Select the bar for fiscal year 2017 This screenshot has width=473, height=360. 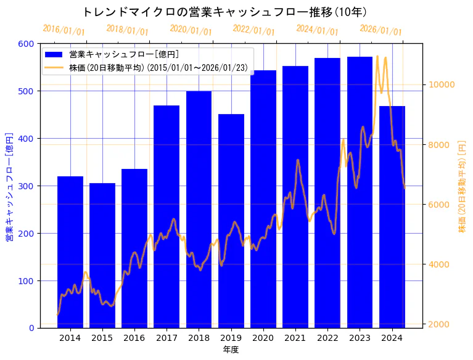[167, 216]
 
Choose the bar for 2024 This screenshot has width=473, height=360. [392, 216]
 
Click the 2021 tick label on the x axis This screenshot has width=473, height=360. [295, 338]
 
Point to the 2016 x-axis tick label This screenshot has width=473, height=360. [134, 338]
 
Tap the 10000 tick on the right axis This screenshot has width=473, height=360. [442, 84]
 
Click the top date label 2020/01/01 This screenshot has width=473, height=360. [191, 30]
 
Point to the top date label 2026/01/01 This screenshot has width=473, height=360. [380, 30]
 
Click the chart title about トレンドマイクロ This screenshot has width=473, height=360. [224, 12]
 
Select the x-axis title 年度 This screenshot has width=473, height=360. [231, 350]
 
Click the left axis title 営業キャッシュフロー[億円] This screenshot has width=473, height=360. [9, 186]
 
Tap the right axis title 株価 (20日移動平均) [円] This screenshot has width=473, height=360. [462, 186]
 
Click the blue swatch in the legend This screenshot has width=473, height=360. [55, 54]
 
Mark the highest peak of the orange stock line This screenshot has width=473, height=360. [377, 57]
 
